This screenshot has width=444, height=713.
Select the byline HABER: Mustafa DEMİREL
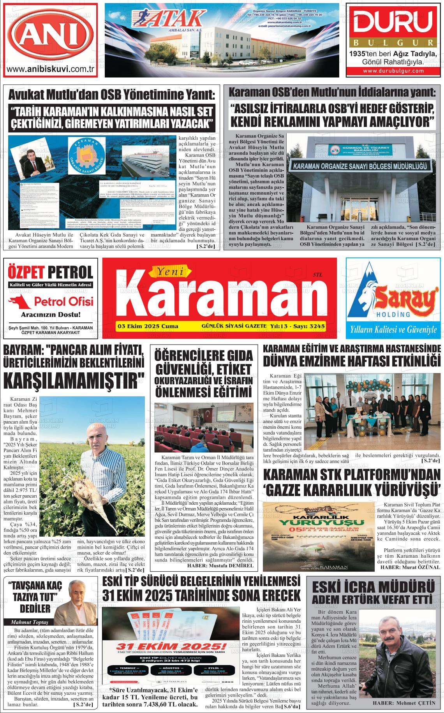point(220,565)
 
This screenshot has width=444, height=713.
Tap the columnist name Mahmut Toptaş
point(29,621)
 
